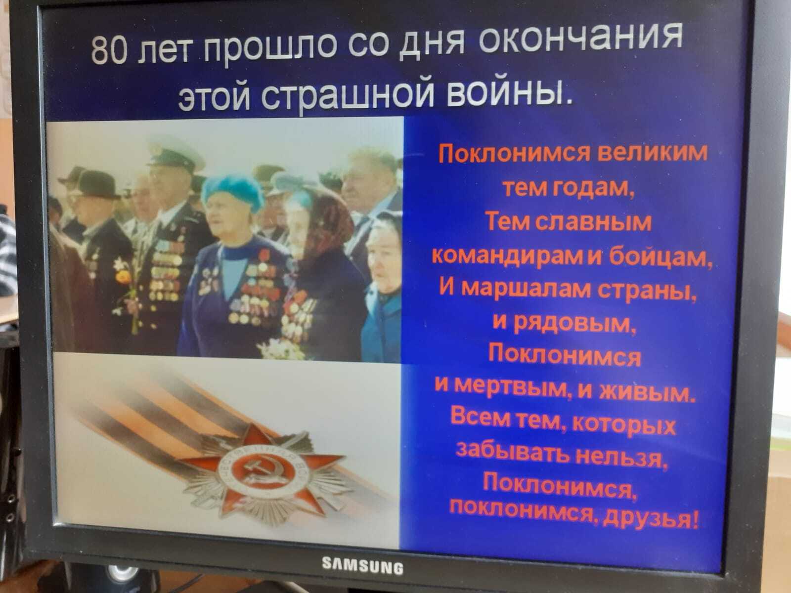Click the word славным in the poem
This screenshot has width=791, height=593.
point(593,222)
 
